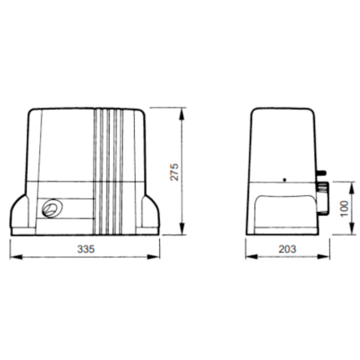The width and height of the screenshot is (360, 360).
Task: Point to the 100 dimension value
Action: [342, 207]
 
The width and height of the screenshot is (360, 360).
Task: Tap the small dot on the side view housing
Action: [285, 179]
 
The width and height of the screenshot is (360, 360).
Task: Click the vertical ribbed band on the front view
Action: [107, 172]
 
